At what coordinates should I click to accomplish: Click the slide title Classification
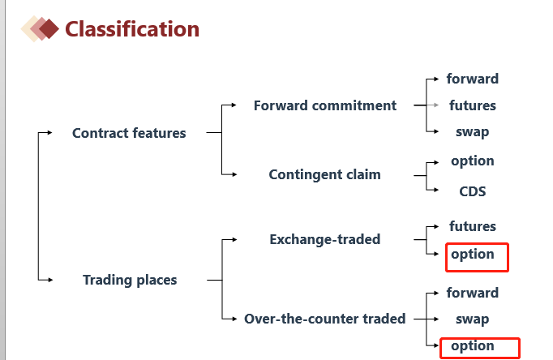(132, 29)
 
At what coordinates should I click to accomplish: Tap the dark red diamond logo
(49, 28)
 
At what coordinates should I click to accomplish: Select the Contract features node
(129, 133)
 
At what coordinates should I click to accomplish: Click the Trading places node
(130, 280)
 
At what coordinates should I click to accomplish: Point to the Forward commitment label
(325, 105)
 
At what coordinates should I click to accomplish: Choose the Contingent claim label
(325, 174)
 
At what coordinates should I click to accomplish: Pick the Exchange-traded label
(325, 239)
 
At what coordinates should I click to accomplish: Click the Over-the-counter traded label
(325, 319)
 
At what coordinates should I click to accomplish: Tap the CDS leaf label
(473, 191)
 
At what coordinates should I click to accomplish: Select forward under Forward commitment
(473, 79)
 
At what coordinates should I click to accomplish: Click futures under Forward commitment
(473, 105)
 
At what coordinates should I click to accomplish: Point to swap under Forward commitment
(473, 132)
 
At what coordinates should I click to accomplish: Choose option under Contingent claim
(473, 161)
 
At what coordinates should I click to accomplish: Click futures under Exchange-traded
(473, 226)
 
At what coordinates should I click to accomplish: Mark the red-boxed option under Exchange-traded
(473, 255)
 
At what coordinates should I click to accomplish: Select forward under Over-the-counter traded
(473, 293)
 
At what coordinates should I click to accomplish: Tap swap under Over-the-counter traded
(473, 319)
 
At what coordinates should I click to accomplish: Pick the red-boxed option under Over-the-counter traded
(473, 346)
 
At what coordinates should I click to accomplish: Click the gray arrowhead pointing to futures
(436, 105)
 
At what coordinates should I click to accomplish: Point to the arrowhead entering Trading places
(50, 280)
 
